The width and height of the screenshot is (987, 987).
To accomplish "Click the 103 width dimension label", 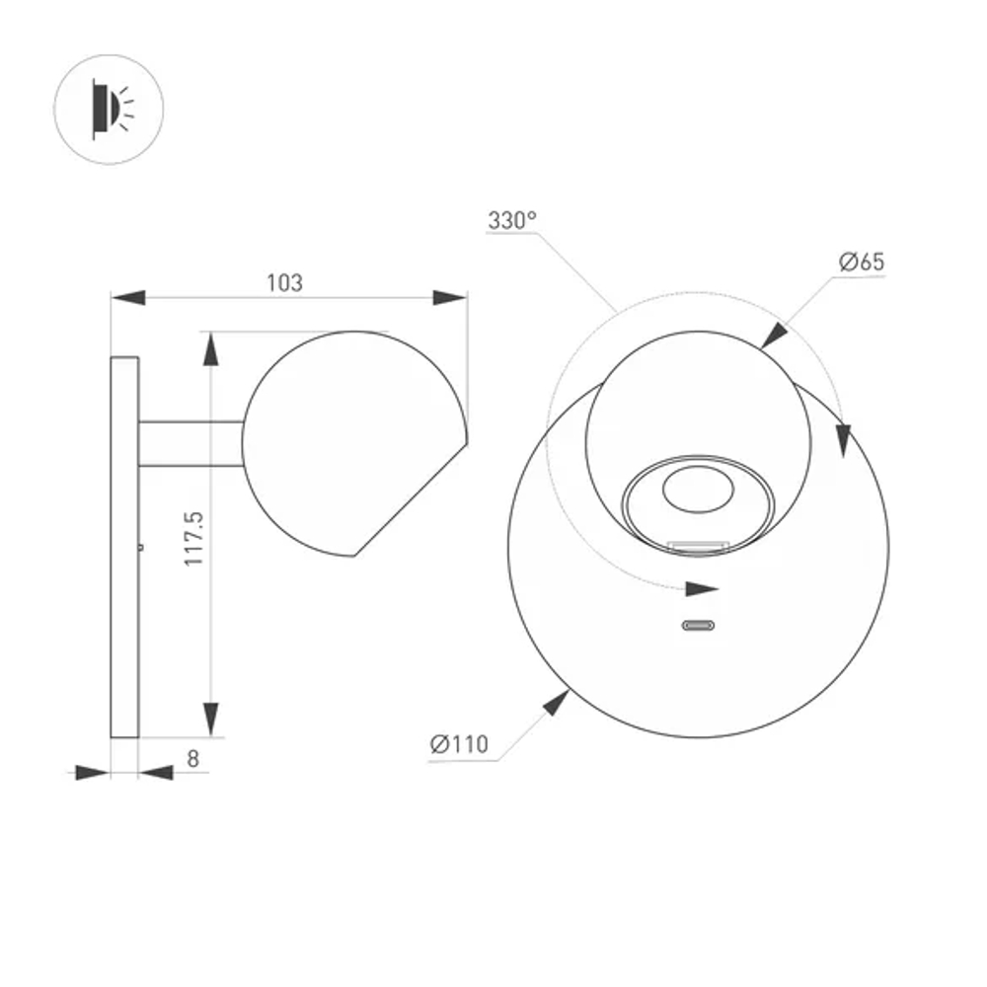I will pos(284,283).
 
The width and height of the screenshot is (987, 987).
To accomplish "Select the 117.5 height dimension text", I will pos(194,538).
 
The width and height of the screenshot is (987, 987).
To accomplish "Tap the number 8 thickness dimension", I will pos(193,758).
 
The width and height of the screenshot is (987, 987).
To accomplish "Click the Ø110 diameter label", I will pos(459,744).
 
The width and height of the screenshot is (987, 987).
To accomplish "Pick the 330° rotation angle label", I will pos(511,220).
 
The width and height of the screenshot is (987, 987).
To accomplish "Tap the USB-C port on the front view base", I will pos(699,625).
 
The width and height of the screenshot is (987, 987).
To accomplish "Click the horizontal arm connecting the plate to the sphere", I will pos(190,444).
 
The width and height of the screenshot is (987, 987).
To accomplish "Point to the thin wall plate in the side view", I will pos(124,548).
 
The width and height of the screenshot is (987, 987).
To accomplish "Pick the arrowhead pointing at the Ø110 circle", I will pos(557,704).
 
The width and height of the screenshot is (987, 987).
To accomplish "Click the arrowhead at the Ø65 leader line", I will pos(775,335).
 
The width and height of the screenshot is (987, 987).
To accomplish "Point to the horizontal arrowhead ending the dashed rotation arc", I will pos(702,589).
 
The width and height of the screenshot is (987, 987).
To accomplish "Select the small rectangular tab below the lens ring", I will pos(699,544).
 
